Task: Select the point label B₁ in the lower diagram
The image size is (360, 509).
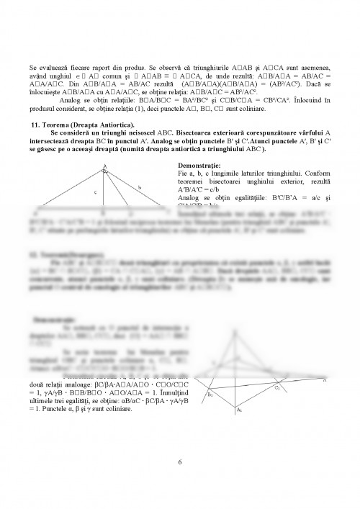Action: tap(210, 395)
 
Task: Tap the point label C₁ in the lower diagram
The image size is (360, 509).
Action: tap(276, 389)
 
